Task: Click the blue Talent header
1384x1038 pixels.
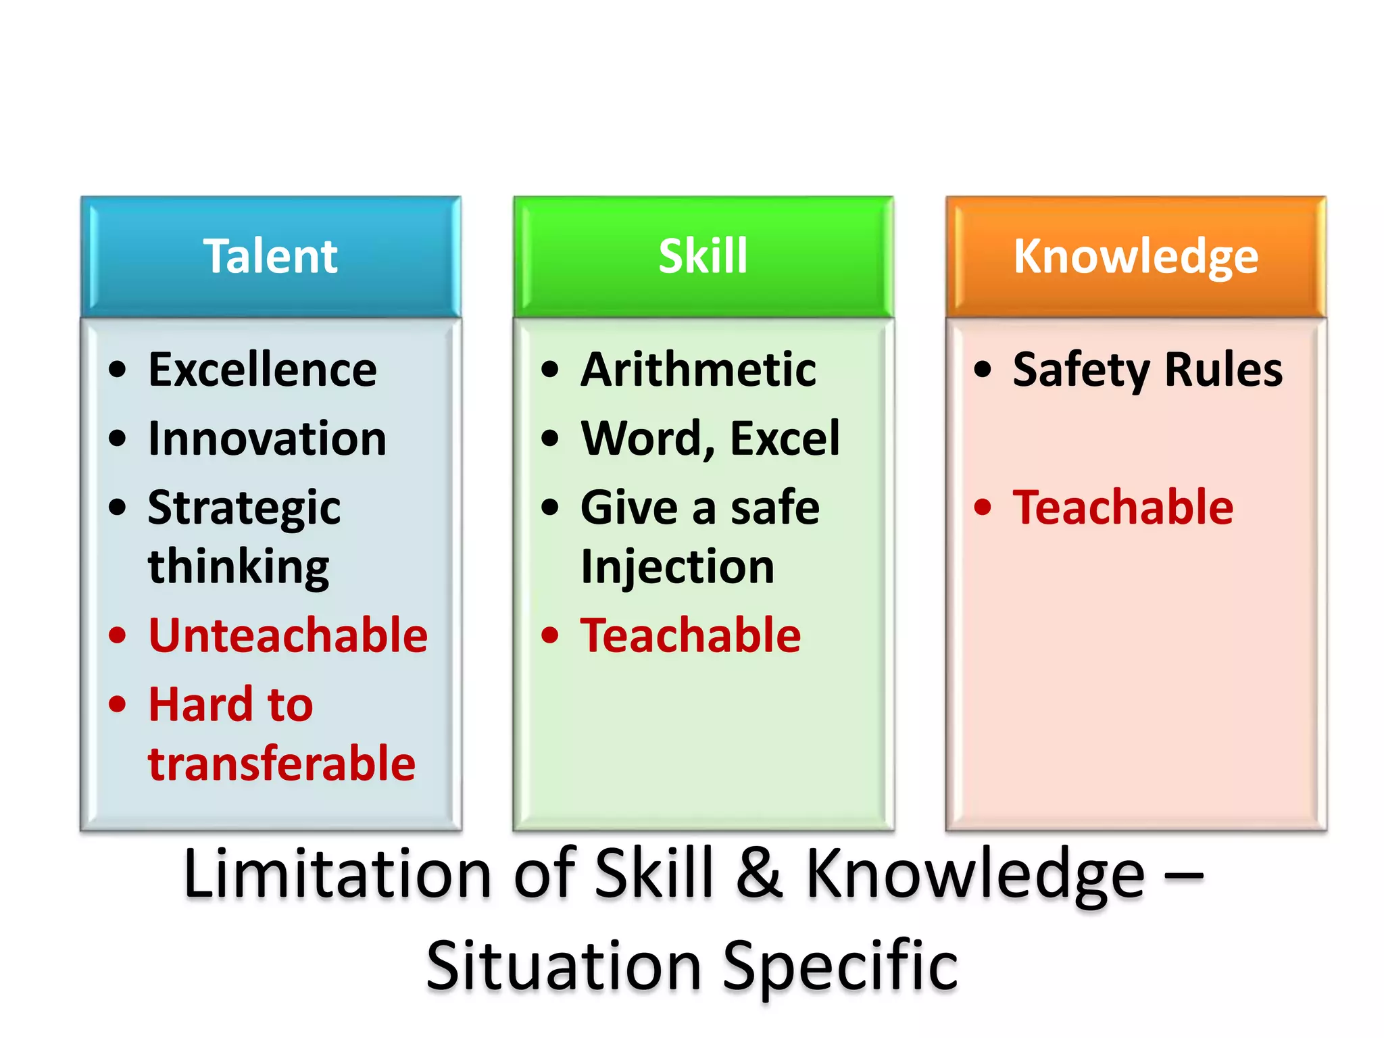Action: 270,256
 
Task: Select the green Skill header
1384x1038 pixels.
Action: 703,256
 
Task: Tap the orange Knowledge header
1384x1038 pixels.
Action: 1135,256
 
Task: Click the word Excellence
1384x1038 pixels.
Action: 262,370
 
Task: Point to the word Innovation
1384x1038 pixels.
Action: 267,439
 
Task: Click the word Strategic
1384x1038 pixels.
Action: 244,508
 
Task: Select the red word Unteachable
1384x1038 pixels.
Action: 288,636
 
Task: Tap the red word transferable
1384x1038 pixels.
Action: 282,764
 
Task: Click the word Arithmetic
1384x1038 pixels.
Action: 698,370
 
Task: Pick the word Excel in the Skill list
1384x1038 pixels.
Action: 785,439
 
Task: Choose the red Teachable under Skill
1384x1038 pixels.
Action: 691,636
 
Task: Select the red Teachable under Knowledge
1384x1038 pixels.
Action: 1122,508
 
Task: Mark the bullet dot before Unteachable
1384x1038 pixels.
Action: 118,636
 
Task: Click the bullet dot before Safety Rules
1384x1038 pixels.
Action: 983,370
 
